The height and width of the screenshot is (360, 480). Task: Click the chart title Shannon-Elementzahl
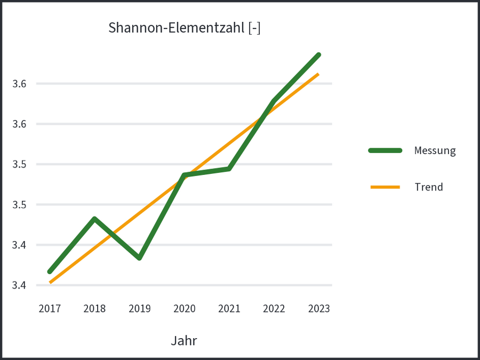[x=184, y=28]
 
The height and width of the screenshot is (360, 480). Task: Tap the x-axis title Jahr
[x=184, y=341]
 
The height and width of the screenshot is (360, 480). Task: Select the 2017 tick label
[x=50, y=309]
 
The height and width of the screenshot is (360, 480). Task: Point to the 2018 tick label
[x=94, y=309]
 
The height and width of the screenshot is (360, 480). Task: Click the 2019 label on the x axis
[x=139, y=309]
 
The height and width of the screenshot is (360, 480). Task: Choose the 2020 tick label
[x=184, y=309]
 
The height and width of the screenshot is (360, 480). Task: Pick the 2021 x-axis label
[x=229, y=309]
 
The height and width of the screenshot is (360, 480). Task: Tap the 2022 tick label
[x=274, y=309]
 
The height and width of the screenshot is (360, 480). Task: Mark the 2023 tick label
[x=318, y=309]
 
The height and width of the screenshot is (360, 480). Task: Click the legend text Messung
[x=435, y=151]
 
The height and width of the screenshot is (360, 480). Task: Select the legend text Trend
[x=428, y=187]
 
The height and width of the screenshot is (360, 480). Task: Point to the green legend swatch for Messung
[x=385, y=151]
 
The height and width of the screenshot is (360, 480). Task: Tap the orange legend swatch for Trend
[x=385, y=187]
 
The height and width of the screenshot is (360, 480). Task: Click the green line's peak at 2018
[x=94, y=219]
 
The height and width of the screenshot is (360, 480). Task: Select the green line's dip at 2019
[x=139, y=258]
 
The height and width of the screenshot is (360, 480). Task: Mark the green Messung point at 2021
[x=229, y=169]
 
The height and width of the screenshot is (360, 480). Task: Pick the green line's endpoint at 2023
[x=318, y=55]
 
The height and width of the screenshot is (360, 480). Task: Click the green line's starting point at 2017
[x=50, y=272]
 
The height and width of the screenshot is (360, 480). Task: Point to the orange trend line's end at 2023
[x=318, y=74]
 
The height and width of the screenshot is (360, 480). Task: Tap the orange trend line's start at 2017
[x=50, y=282]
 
